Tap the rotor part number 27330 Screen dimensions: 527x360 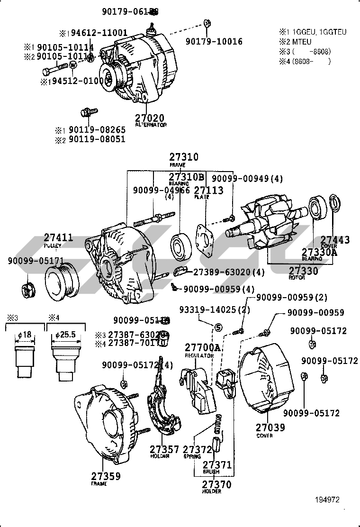pos(304,271)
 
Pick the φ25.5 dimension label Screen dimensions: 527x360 pos(65,335)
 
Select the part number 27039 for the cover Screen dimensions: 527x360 pos(270,427)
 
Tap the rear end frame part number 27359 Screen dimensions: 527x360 pos(106,476)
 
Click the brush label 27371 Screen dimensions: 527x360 pos(217,465)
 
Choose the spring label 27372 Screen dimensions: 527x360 pos(197,449)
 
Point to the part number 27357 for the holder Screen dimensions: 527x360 pos(164,449)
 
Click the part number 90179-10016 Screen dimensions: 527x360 pos(214,41)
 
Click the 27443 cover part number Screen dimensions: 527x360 pos(335,240)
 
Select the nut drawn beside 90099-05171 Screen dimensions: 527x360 pos(27,287)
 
